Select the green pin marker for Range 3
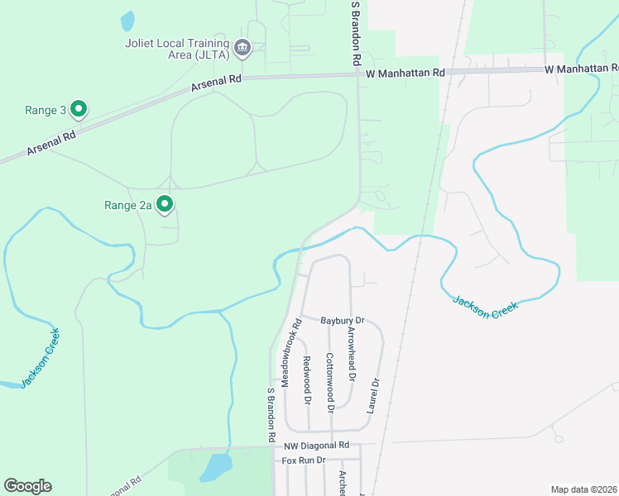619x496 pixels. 79,108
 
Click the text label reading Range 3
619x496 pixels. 46,110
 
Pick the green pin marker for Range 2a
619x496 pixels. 165,203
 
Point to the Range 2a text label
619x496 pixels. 127,205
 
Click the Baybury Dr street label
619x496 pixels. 343,320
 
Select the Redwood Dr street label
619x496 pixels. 307,379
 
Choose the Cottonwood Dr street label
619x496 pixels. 329,383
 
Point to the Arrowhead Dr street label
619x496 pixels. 352,354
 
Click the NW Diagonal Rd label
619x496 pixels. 329,446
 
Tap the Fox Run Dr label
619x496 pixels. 304,460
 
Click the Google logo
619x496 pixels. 27,486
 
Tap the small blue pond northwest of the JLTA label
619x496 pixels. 127,20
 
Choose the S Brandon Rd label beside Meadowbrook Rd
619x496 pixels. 270,413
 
